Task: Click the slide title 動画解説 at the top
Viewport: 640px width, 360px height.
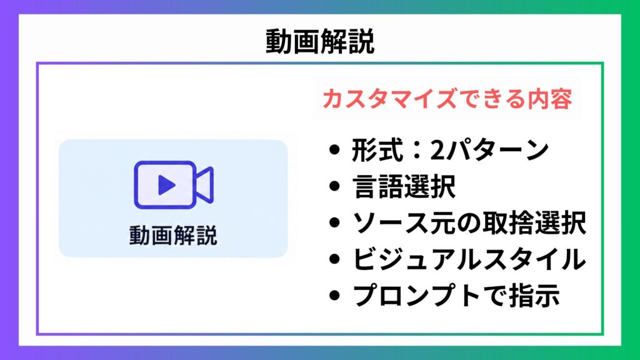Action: (x=320, y=42)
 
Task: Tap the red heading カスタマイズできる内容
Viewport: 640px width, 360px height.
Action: (x=447, y=99)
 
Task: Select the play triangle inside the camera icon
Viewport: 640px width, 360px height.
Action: (x=166, y=185)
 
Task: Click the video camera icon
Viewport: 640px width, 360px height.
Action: (x=174, y=185)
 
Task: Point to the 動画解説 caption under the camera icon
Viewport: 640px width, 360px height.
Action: (x=173, y=235)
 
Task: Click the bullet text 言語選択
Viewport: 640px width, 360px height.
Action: (x=404, y=186)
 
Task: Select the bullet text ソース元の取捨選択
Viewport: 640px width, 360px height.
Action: (x=469, y=223)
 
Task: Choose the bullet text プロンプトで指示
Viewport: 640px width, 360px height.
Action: (x=456, y=296)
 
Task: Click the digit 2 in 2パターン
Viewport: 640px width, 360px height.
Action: (x=437, y=151)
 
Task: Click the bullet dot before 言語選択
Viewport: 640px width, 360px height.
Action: (x=334, y=186)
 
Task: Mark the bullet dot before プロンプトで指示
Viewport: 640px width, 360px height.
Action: (x=334, y=296)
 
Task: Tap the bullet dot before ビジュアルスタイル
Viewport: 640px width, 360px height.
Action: (x=334, y=259)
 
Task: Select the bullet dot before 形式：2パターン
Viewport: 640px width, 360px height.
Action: (x=334, y=150)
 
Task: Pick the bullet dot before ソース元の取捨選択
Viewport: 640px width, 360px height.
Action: (x=334, y=223)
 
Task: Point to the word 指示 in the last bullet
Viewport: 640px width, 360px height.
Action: (x=534, y=296)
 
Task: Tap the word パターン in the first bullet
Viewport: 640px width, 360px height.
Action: (x=497, y=150)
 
